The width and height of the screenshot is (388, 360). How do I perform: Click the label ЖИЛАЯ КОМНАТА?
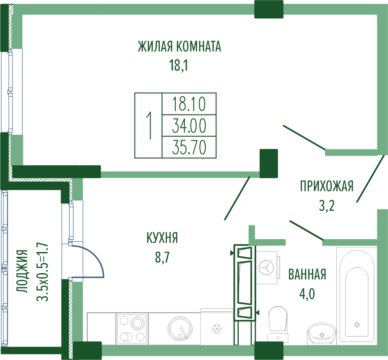pyautogui.click(x=180, y=46)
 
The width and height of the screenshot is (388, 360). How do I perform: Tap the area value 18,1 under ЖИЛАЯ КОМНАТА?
pyautogui.click(x=178, y=65)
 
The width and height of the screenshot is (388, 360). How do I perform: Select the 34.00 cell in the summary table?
pyautogui.click(x=189, y=126)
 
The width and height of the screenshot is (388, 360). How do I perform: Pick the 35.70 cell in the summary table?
pyautogui.click(x=189, y=147)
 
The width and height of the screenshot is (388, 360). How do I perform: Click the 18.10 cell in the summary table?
pyautogui.click(x=189, y=104)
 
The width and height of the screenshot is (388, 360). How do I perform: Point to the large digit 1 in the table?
pyautogui.click(x=149, y=125)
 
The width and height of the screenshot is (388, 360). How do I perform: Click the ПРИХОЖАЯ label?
pyautogui.click(x=327, y=186)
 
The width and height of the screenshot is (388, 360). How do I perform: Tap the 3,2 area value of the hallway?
pyautogui.click(x=327, y=206)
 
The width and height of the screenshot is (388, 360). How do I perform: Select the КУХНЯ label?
pyautogui.click(x=162, y=238)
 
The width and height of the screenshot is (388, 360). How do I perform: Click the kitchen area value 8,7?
pyautogui.click(x=162, y=258)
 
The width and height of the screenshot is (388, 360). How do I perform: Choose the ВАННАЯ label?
pyautogui.click(x=307, y=274)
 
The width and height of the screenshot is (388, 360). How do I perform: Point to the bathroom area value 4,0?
pyautogui.click(x=307, y=294)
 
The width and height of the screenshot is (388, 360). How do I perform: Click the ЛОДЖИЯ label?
pyautogui.click(x=22, y=271)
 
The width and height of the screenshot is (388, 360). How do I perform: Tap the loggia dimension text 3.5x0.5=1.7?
pyautogui.click(x=42, y=271)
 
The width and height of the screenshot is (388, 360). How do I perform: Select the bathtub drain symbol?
pyautogui.click(x=357, y=324)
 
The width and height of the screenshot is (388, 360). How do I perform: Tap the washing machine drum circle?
pyautogui.click(x=266, y=267)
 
